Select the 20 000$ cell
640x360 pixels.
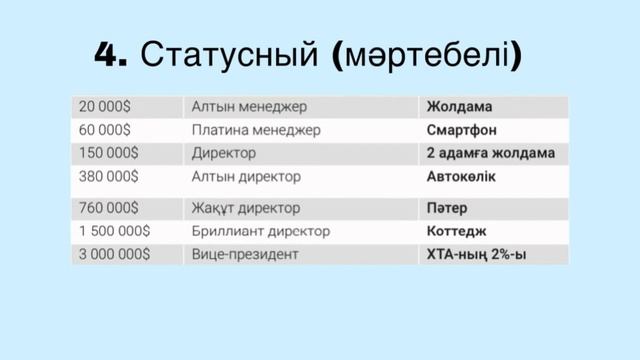click(105, 107)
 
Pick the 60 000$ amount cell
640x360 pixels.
click(105, 130)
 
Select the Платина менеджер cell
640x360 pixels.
click(255, 130)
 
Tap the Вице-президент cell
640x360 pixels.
click(245, 255)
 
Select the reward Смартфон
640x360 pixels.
click(462, 130)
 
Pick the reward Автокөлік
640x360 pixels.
click(462, 177)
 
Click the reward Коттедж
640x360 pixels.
click(457, 231)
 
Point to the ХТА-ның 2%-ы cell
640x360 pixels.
click(476, 255)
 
